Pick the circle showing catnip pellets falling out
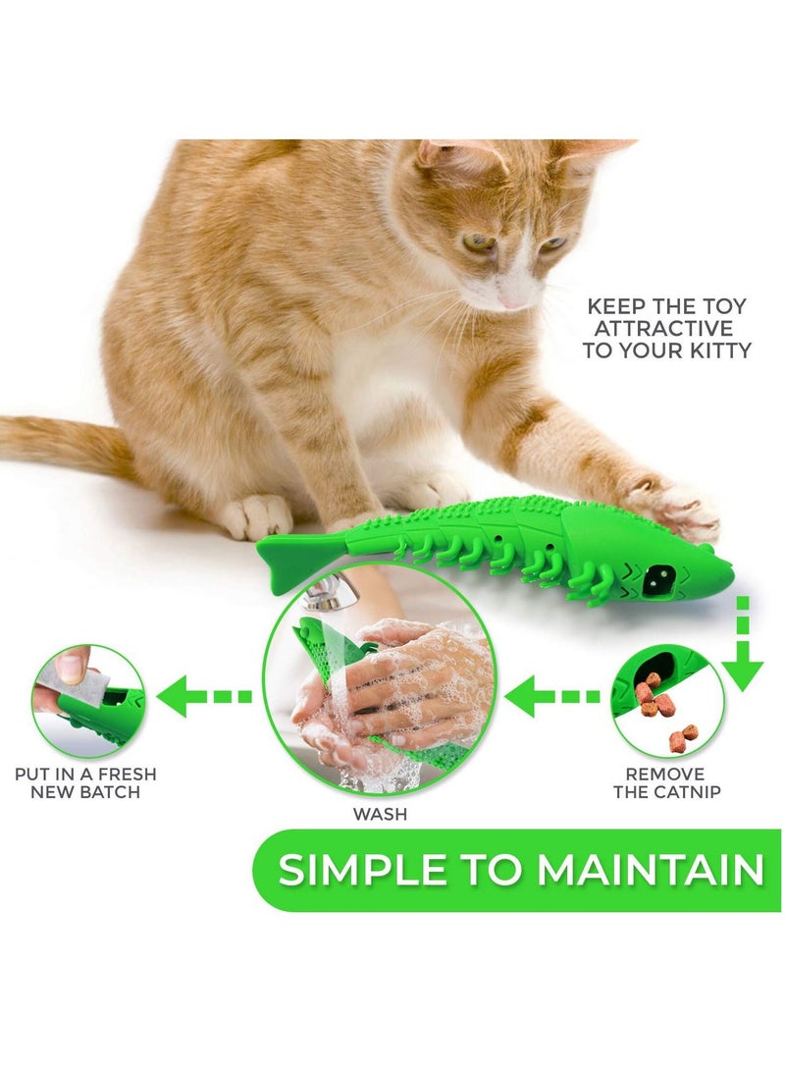click(x=666, y=698)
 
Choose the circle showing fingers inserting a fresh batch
click(x=88, y=699)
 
